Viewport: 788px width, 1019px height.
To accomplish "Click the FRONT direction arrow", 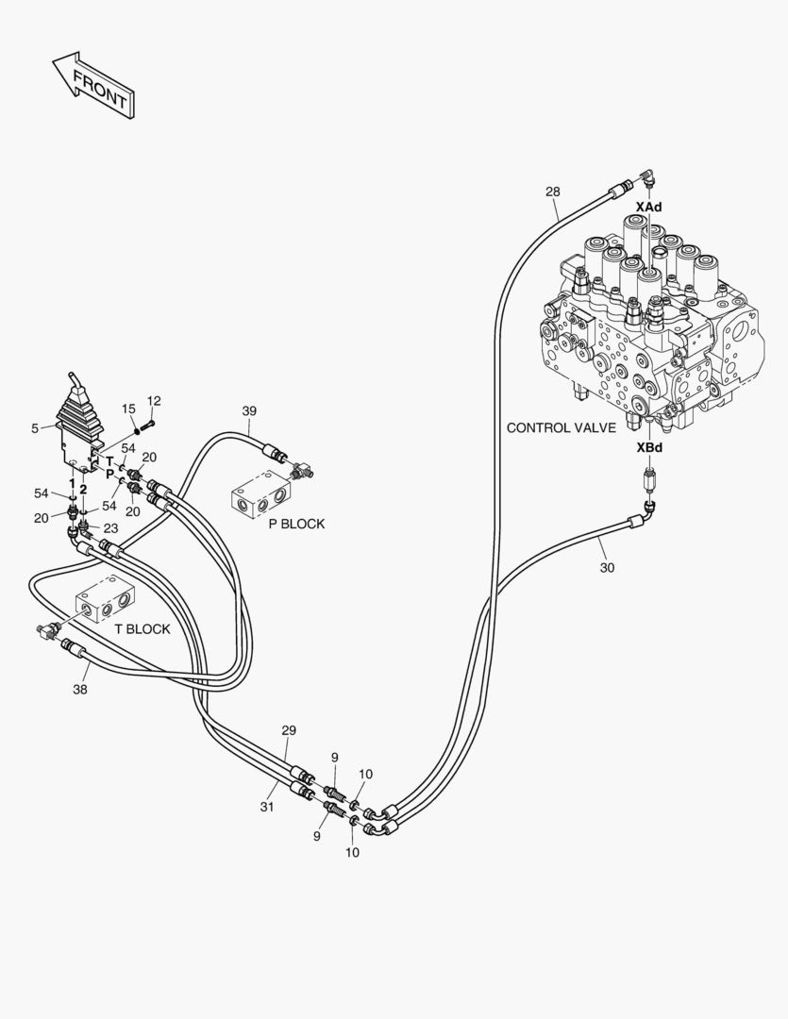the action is point(94,84).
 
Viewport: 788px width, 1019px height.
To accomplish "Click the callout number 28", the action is point(553,192).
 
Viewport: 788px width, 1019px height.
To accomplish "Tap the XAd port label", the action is point(648,207).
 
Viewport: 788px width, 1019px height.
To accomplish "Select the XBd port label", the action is point(649,448).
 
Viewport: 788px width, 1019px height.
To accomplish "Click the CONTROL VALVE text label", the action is point(562,427).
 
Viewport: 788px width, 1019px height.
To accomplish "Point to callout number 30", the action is point(607,567).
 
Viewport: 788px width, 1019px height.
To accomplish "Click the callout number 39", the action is point(249,410).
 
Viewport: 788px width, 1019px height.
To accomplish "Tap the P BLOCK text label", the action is point(296,524).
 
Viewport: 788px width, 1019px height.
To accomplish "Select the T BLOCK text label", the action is point(143,629).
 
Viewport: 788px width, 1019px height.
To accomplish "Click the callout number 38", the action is point(79,690).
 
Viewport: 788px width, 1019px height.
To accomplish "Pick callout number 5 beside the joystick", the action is point(35,428).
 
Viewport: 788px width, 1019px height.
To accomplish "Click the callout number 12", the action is point(154,401).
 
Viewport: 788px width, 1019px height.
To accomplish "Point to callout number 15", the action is point(128,409).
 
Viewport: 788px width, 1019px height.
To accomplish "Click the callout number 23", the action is point(110,528).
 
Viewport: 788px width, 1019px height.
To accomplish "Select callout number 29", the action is point(289,730).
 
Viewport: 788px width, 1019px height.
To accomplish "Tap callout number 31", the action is point(267,807).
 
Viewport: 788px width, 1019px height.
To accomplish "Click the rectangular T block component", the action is point(108,598).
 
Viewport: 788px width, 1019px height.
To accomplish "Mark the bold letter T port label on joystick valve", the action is point(109,460).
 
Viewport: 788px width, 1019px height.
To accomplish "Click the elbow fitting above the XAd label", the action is point(647,175).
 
